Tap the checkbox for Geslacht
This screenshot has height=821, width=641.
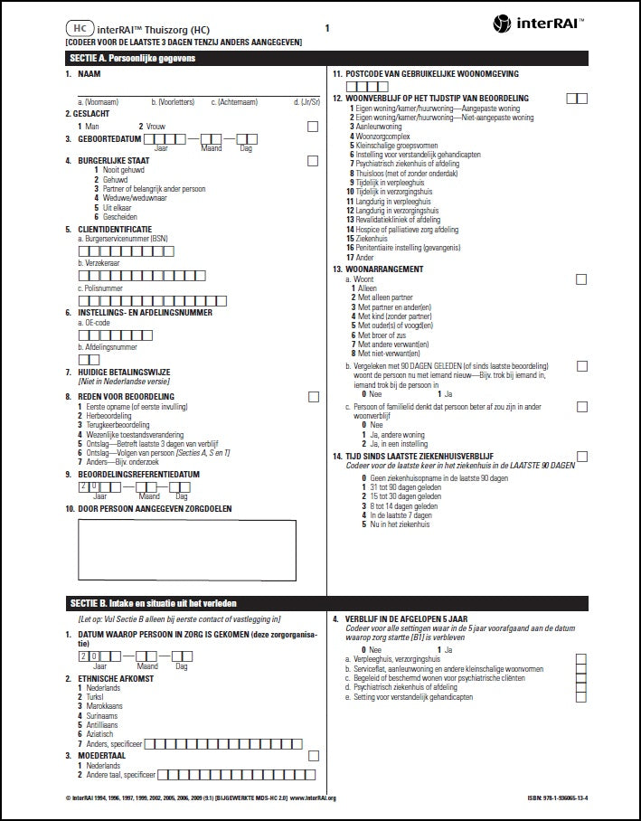[313, 127]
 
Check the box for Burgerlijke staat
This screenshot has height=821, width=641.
[313, 161]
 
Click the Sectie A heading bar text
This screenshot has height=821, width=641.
[132, 58]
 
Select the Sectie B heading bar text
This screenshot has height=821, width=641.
[154, 602]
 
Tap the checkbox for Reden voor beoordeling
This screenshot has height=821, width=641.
[313, 396]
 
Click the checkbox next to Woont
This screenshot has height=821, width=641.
[581, 279]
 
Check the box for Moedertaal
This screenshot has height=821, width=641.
[313, 755]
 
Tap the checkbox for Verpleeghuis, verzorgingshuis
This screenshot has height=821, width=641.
[581, 659]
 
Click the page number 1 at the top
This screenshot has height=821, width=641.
[326, 28]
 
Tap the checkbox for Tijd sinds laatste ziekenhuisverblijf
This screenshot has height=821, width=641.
[581, 457]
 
